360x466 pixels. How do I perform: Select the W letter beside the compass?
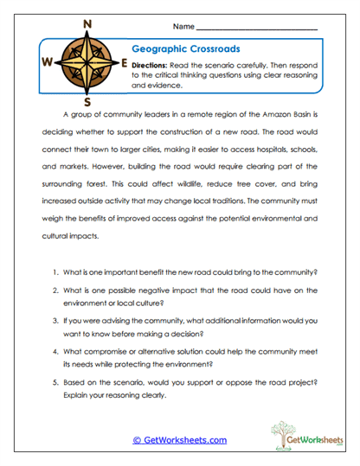pos(46,63)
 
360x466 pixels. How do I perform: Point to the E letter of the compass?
pos(125,63)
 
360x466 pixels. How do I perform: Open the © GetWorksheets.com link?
pos(180,440)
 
